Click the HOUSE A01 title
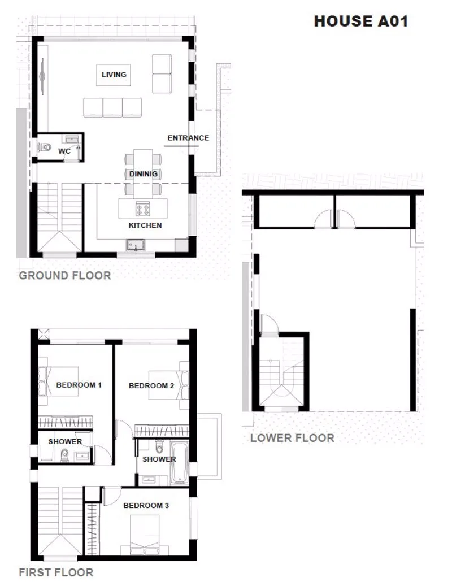(x=361, y=21)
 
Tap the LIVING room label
(x=114, y=75)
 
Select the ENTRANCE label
(x=188, y=138)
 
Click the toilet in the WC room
(x=45, y=147)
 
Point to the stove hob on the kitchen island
(x=143, y=209)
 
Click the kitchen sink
(x=135, y=245)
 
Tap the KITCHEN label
(x=145, y=225)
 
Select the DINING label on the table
(x=144, y=174)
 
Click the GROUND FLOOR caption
(x=65, y=275)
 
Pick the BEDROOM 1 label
(x=79, y=385)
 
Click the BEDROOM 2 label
(x=151, y=386)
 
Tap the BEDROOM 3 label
(x=146, y=506)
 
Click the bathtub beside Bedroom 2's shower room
(x=179, y=463)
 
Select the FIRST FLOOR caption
(x=56, y=572)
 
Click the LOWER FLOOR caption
(x=292, y=438)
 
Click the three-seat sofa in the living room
(x=112, y=107)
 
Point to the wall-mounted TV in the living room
(x=42, y=76)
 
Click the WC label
(x=64, y=151)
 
